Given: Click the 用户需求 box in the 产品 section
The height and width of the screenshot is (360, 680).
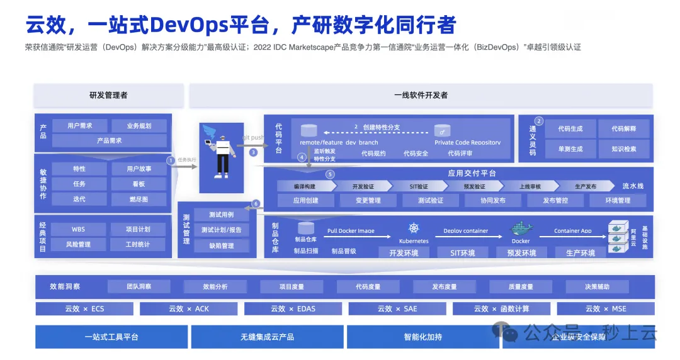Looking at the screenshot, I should [x=80, y=126].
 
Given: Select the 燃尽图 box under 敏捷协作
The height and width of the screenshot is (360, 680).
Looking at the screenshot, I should [x=139, y=200].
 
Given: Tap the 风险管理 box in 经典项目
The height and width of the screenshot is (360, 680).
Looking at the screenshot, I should [x=79, y=244].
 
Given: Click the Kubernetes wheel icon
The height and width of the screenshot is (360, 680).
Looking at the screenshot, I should [x=414, y=228].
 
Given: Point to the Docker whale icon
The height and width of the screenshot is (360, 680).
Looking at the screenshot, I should [x=521, y=228].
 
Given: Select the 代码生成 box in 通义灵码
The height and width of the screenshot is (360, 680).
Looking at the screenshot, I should [x=570, y=129].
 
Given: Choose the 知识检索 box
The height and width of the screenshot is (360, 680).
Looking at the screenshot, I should [x=623, y=149].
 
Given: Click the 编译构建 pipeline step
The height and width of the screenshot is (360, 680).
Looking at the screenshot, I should [x=304, y=186].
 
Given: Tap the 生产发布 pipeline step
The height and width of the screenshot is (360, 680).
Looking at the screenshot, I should [x=585, y=186].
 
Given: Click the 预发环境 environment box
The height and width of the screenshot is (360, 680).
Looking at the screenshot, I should [x=521, y=253].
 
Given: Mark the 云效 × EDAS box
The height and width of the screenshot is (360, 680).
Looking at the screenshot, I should [x=293, y=308].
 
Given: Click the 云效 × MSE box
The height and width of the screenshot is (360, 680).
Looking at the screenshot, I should [x=605, y=308].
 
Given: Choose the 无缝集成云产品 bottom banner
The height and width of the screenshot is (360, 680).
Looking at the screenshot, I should [x=267, y=337].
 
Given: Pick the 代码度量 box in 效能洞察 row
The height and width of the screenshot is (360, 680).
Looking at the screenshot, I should [x=368, y=287].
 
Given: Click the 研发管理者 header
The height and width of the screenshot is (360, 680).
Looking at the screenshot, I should [x=108, y=96].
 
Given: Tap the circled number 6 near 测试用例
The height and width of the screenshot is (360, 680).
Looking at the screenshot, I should [x=256, y=204].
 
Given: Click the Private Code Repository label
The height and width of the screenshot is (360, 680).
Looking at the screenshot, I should [x=468, y=143].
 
